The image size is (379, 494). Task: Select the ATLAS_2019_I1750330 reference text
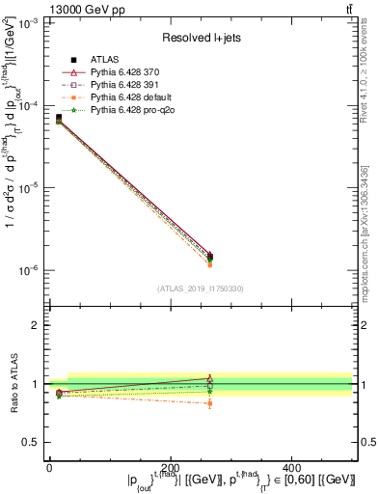[x=201, y=288]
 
